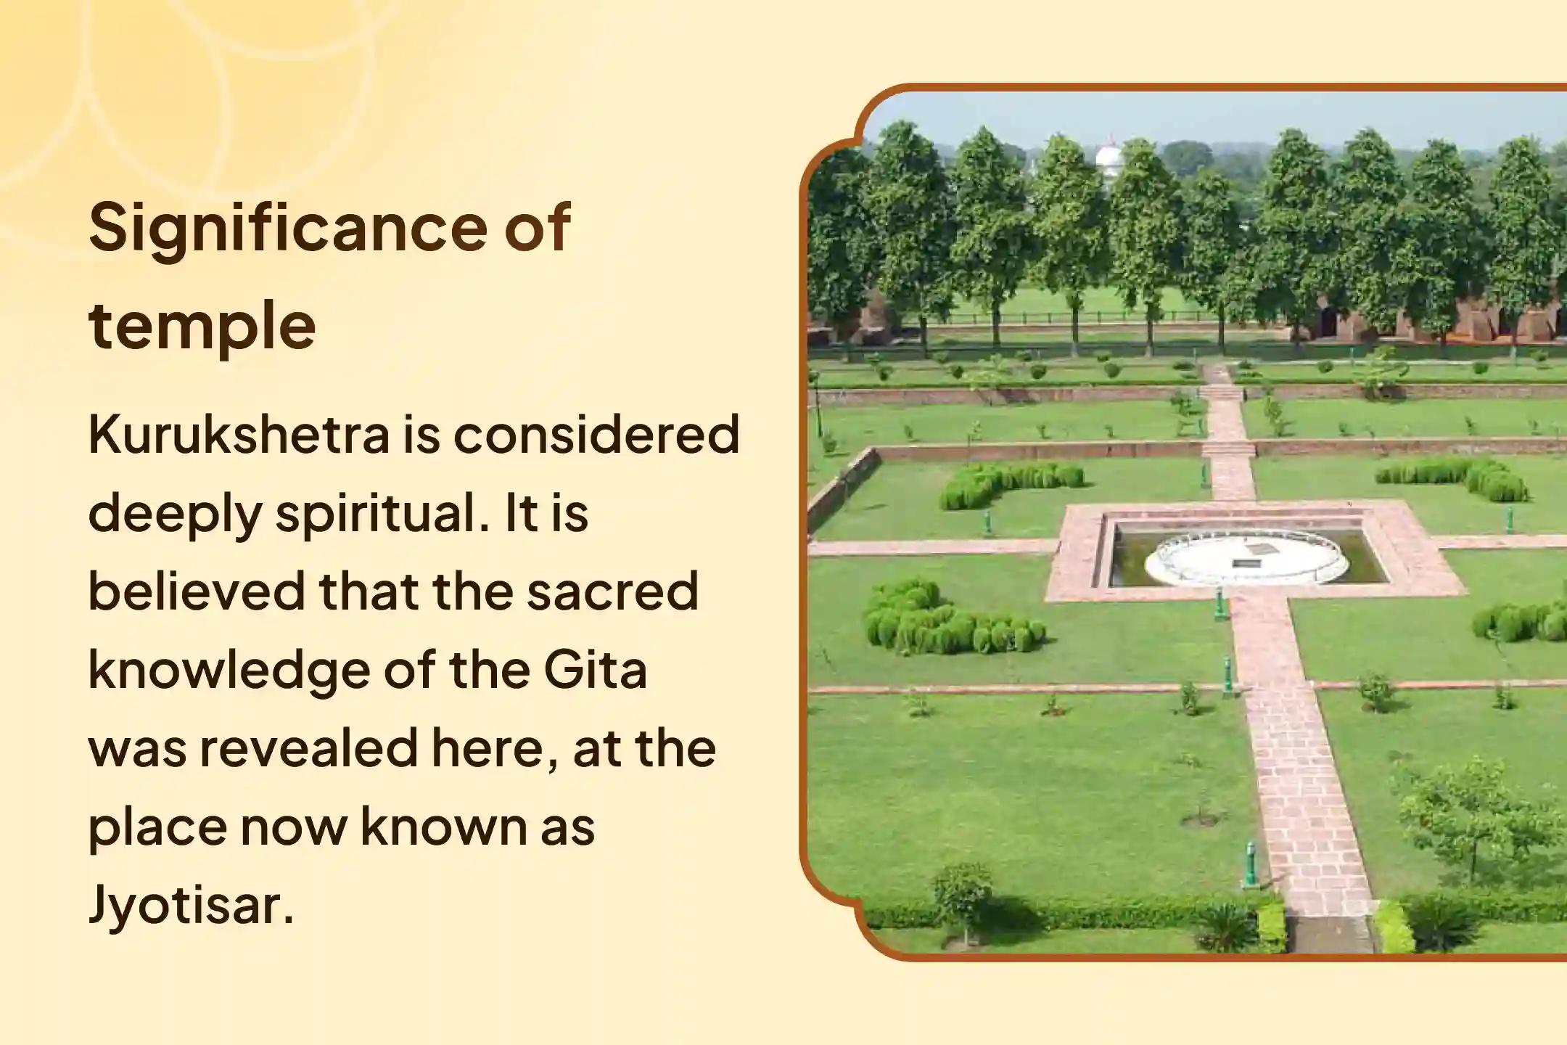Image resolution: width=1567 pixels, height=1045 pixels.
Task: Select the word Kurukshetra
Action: tap(239, 435)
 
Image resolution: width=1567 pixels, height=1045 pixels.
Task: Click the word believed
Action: tap(197, 591)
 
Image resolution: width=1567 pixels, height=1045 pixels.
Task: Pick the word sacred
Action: tap(612, 591)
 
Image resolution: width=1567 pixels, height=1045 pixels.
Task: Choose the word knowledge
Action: tap(228, 671)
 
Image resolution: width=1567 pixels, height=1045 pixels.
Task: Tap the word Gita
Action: tap(595, 670)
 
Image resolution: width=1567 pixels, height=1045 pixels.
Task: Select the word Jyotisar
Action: tap(191, 906)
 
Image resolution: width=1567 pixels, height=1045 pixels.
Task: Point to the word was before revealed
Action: tap(137, 750)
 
